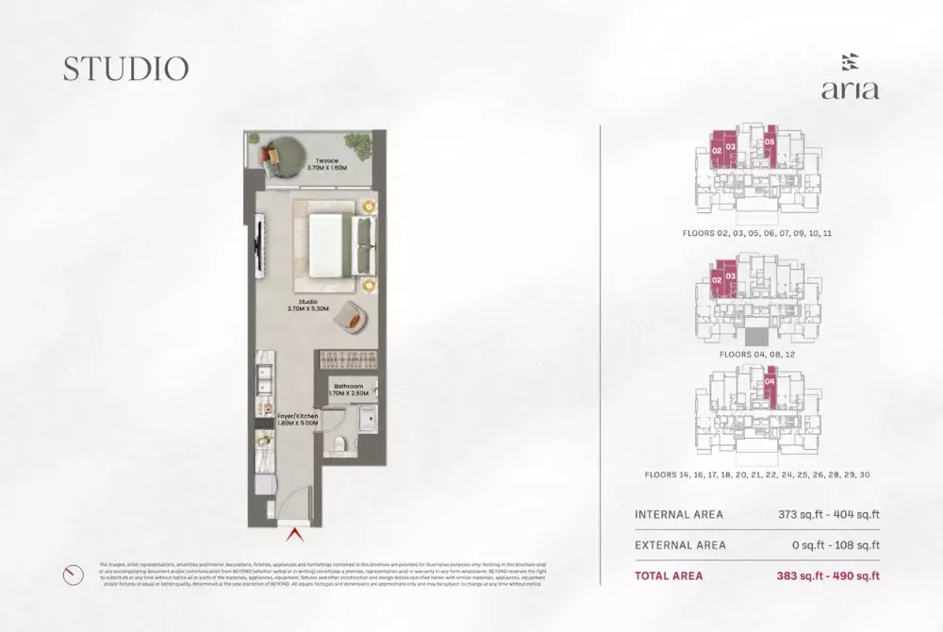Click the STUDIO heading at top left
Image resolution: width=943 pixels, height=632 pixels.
pyautogui.click(x=125, y=68)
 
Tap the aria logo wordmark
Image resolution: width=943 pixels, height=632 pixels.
pyautogui.click(x=850, y=91)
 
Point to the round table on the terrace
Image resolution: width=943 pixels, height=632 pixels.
pyautogui.click(x=280, y=154)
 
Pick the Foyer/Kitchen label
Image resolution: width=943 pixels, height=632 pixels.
pyautogui.click(x=298, y=418)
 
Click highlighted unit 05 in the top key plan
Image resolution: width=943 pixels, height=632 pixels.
pyautogui.click(x=769, y=143)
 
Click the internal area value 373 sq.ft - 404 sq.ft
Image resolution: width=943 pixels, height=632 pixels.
pyautogui.click(x=822, y=515)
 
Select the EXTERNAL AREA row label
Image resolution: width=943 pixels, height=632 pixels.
pyautogui.click(x=680, y=545)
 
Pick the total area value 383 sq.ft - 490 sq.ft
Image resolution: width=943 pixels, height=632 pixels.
pyautogui.click(x=822, y=575)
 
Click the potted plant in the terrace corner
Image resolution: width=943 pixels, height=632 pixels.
pyautogui.click(x=358, y=143)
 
